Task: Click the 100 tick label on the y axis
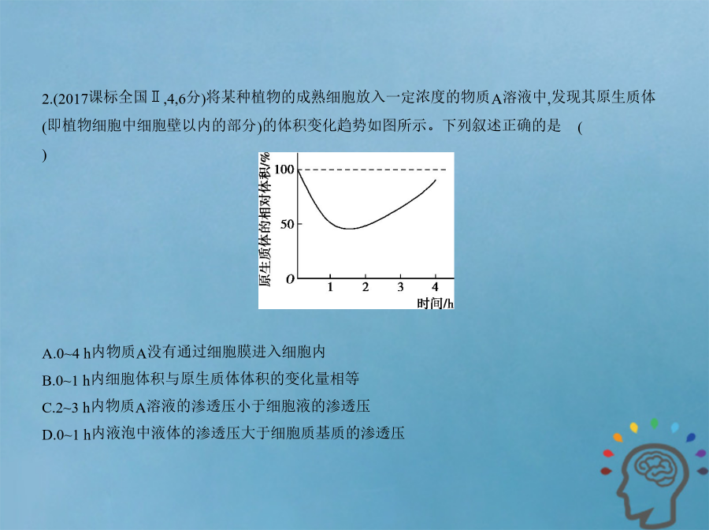pyautogui.click(x=284, y=170)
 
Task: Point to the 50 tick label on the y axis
pyautogui.click(x=287, y=224)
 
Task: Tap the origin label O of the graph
pyautogui.click(x=290, y=279)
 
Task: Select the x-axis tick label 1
pyautogui.click(x=330, y=287)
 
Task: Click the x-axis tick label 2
pyautogui.click(x=366, y=287)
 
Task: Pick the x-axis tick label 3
pyautogui.click(x=400, y=287)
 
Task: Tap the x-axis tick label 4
pyautogui.click(x=435, y=287)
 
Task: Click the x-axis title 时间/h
pyautogui.click(x=435, y=303)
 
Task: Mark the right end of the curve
pyautogui.click(x=436, y=180)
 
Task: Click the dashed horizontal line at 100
pyautogui.click(x=372, y=170)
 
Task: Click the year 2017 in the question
pyautogui.click(x=72, y=99)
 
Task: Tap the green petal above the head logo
pyautogui.click(x=655, y=424)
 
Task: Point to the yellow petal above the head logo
pyautogui.click(x=634, y=427)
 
